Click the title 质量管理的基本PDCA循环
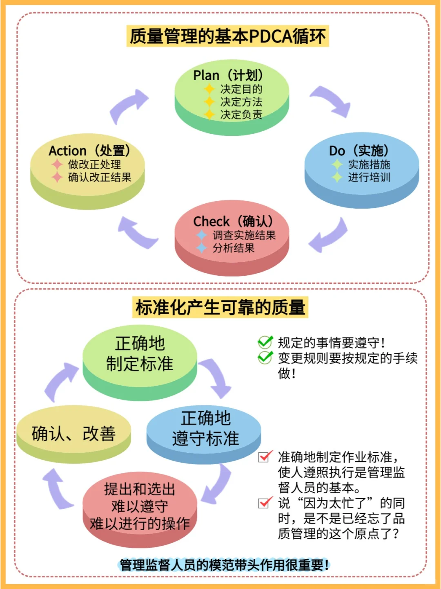point(227,36)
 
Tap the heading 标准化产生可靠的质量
point(220,308)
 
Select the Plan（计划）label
point(228,75)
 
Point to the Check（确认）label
point(233,222)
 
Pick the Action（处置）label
point(89,151)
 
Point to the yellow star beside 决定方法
point(209,102)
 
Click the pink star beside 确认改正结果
point(57,177)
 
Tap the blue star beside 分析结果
point(201,248)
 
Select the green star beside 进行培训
point(337,177)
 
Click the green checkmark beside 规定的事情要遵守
point(265,342)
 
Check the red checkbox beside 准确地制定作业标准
point(265,456)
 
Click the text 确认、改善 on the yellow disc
point(73,434)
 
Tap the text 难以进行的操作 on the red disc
point(140,524)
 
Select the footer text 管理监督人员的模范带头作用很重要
point(224,565)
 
